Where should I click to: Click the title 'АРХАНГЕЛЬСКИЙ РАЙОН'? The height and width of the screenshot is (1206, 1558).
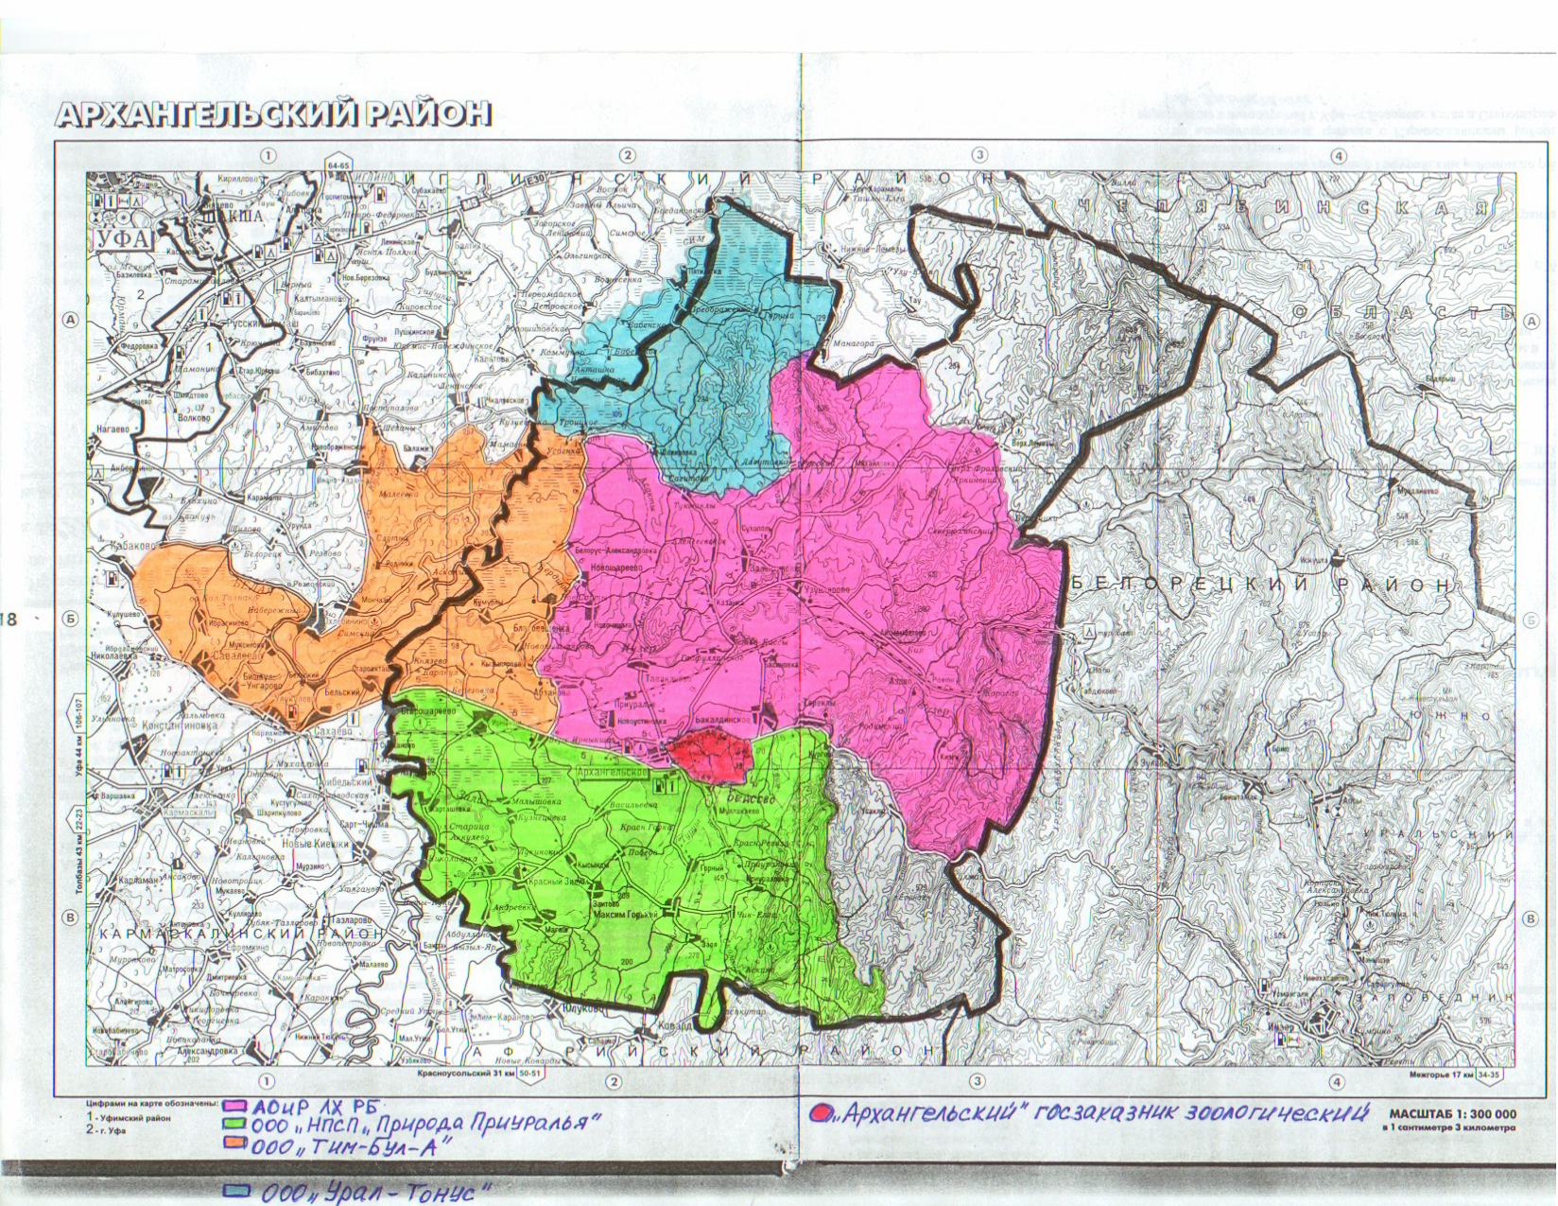[x=274, y=114]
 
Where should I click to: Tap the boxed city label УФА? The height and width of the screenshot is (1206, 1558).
[x=124, y=237]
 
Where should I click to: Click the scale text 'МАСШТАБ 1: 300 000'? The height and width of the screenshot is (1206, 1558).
[x=1452, y=1114]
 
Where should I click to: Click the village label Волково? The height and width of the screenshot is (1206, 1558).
[x=194, y=413]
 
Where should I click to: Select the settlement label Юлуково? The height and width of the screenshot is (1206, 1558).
[x=577, y=1009]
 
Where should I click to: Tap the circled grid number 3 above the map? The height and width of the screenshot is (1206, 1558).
[x=979, y=155]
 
